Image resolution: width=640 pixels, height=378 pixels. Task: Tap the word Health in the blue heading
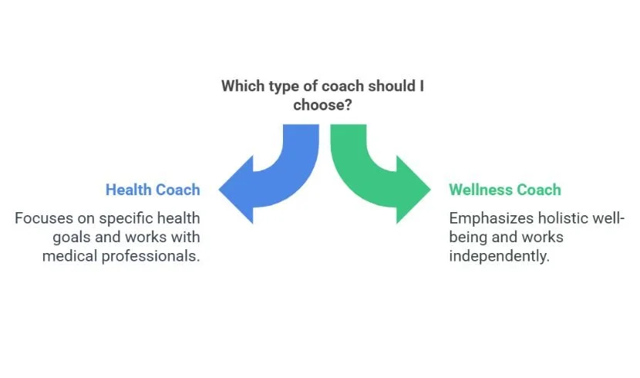(x=130, y=190)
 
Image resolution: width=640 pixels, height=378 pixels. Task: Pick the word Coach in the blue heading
(x=178, y=190)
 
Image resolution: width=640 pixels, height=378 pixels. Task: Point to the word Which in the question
(x=241, y=86)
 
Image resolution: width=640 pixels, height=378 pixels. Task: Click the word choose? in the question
(x=323, y=105)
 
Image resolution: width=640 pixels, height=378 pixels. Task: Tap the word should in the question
(x=391, y=86)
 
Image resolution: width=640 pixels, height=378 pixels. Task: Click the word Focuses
(x=43, y=218)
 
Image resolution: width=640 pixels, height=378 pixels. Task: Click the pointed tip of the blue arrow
(x=221, y=189)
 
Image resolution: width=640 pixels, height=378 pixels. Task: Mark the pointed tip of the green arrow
(x=431, y=189)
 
